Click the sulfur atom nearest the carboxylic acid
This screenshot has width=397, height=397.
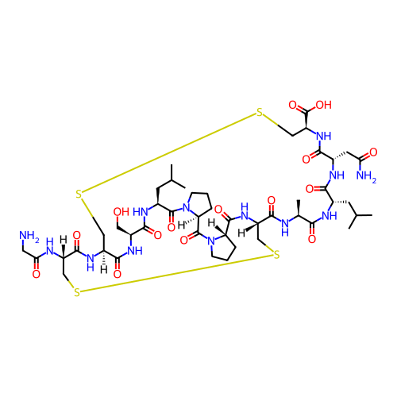click(x=260, y=113)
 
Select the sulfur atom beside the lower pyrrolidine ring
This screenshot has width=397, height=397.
click(x=276, y=255)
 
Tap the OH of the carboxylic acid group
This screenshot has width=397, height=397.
click(x=323, y=105)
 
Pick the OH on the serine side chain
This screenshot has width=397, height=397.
click(x=121, y=212)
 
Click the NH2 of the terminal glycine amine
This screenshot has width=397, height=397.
click(x=29, y=235)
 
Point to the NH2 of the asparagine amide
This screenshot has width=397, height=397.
click(x=366, y=175)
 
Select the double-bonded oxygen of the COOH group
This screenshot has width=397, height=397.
click(x=293, y=105)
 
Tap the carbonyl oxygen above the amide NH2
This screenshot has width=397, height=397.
click(x=373, y=152)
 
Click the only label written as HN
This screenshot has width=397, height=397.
click(x=141, y=212)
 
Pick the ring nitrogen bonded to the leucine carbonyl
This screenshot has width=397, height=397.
click(x=187, y=207)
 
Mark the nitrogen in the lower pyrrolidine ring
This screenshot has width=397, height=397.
click(x=211, y=241)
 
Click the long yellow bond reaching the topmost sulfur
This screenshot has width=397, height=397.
click(x=169, y=152)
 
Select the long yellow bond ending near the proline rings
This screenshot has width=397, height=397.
click(x=176, y=274)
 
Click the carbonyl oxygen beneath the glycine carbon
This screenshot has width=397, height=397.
click(x=37, y=274)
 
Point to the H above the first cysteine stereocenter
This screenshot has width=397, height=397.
click(x=63, y=240)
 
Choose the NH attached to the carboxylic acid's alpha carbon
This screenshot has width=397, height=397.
click(x=324, y=137)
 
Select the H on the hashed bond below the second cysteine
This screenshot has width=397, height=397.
click(x=104, y=270)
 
